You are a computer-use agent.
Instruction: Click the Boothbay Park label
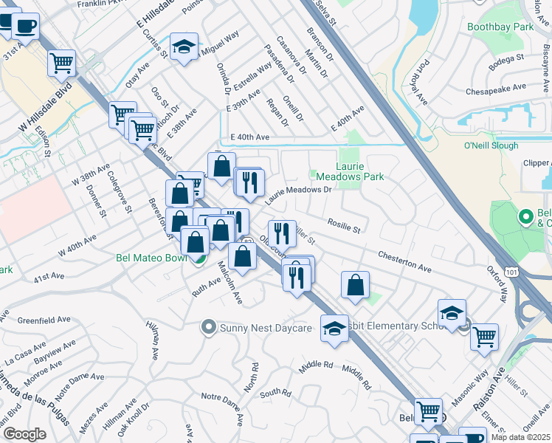500,27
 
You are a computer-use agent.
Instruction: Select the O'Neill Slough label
494,145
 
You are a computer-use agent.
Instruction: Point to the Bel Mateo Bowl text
153,258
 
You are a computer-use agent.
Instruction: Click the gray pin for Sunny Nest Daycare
208,326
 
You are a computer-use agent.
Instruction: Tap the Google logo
24,434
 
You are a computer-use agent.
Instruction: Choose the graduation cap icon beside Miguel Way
184,47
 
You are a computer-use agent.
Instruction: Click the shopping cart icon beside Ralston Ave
484,337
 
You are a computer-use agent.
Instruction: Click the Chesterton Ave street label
404,260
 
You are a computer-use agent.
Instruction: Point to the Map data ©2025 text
521,437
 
